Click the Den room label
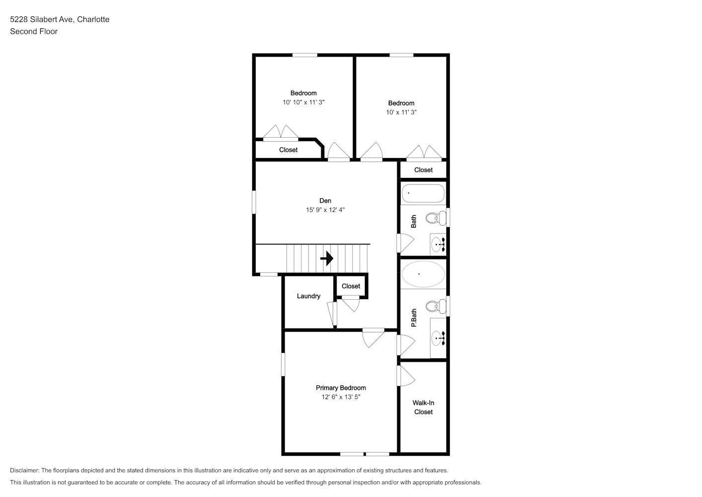pyautogui.click(x=325, y=201)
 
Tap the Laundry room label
pyautogui.click(x=308, y=296)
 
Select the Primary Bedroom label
pyautogui.click(x=341, y=388)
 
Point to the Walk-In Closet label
pyautogui.click(x=423, y=407)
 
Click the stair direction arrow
pyautogui.click(x=327, y=258)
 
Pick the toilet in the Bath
pyautogui.click(x=436, y=218)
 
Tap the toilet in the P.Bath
pyautogui.click(x=436, y=306)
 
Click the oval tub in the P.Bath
pyautogui.click(x=423, y=274)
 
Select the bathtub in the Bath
pyautogui.click(x=423, y=193)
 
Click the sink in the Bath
pyautogui.click(x=438, y=244)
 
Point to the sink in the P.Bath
pyautogui.click(x=438, y=338)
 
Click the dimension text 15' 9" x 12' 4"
pyautogui.click(x=325, y=210)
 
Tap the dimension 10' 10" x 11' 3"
pyautogui.click(x=303, y=102)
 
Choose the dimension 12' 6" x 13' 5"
pyautogui.click(x=341, y=397)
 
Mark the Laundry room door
pyautogui.click(x=332, y=314)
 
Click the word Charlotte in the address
pyautogui.click(x=93, y=19)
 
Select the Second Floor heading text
pyautogui.click(x=34, y=31)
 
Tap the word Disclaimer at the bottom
pyautogui.click(x=24, y=470)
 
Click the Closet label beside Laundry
pyautogui.click(x=351, y=286)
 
